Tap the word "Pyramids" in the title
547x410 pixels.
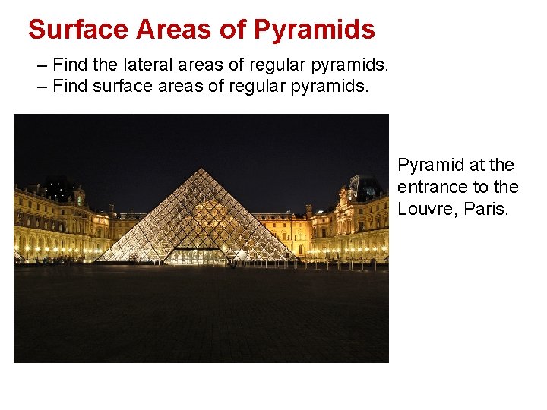(314, 30)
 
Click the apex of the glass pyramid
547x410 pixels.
(201, 169)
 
